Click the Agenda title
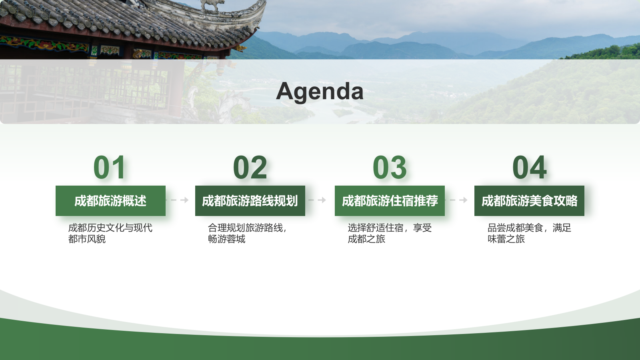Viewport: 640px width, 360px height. (x=320, y=91)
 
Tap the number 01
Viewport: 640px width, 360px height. (x=110, y=168)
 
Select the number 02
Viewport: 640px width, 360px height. (x=250, y=168)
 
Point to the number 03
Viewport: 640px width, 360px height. (x=390, y=168)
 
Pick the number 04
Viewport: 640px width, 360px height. (x=529, y=168)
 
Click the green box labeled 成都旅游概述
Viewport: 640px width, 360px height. (x=110, y=201)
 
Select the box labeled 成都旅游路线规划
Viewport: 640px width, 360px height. (x=250, y=201)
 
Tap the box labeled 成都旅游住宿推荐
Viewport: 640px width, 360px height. (x=390, y=201)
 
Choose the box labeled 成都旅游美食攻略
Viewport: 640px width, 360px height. (x=529, y=201)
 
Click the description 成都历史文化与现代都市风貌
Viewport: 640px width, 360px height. (x=110, y=233)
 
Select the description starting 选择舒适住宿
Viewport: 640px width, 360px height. (x=389, y=233)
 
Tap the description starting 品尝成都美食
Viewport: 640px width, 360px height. (x=529, y=233)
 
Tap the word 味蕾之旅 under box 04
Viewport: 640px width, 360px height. (x=506, y=239)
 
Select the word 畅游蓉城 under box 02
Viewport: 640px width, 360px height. (x=226, y=239)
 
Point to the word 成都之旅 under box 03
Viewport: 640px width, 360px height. (x=366, y=239)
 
